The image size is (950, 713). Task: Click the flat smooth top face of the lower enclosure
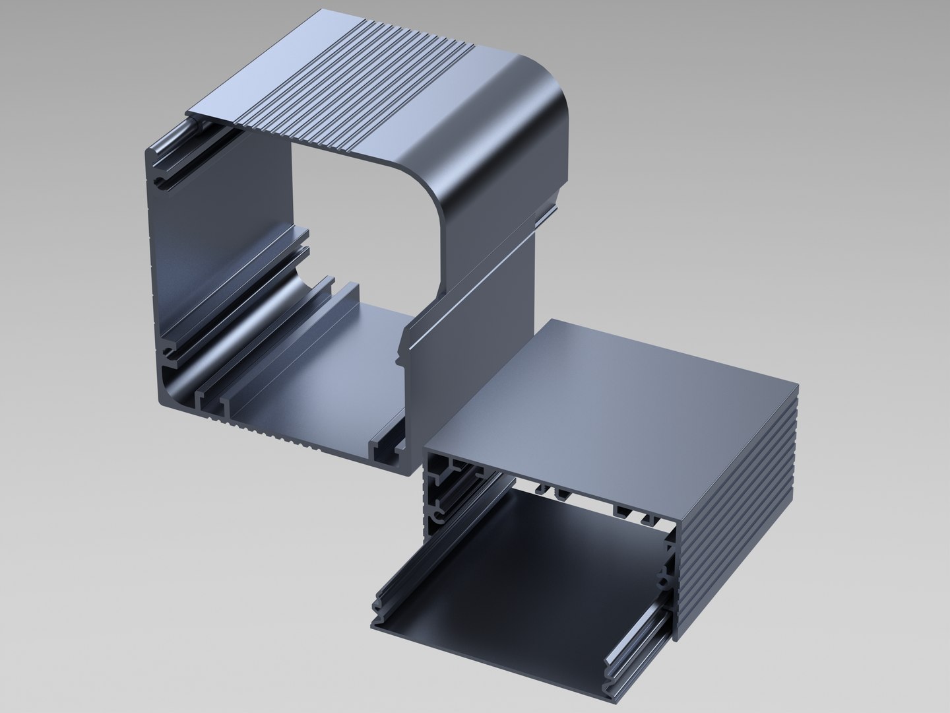(x=614, y=390)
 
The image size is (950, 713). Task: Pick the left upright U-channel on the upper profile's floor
(x=211, y=409)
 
